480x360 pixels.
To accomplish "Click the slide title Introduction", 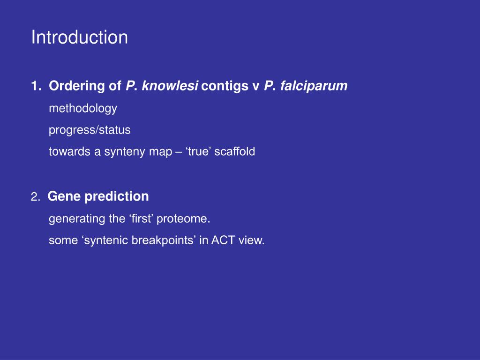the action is [80, 37].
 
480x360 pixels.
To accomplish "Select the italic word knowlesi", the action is [170, 86].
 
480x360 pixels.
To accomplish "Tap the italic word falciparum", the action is [314, 86].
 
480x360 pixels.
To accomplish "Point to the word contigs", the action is [225, 86].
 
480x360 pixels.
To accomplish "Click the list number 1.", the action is [36, 86].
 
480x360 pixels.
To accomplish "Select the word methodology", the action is [83, 109].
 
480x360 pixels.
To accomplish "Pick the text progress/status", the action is [90, 130].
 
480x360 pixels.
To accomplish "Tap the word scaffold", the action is [234, 151].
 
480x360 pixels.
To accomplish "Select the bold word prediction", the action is [117, 196].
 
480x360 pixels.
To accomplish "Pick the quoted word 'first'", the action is [141, 218].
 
